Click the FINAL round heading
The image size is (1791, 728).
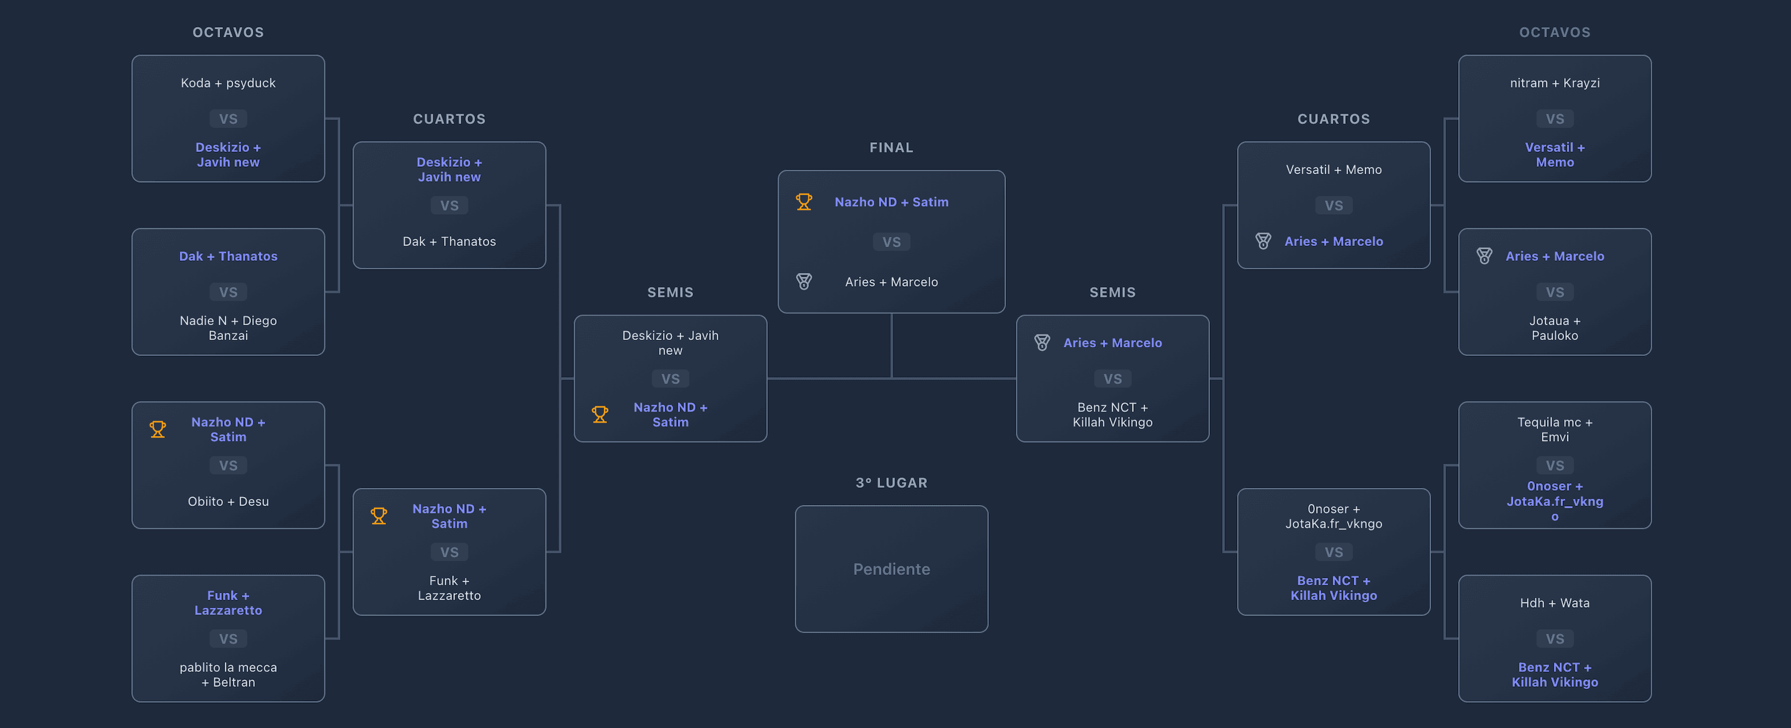(891, 147)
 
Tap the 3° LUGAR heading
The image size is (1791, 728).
(891, 483)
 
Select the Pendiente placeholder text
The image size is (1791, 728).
(891, 569)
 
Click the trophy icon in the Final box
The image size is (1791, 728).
(804, 202)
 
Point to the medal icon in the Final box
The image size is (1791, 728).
(804, 281)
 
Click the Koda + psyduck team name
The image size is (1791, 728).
(228, 83)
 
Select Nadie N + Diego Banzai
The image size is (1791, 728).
(228, 327)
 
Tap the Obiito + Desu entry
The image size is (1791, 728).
(228, 502)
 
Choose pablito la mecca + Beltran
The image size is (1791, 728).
(228, 675)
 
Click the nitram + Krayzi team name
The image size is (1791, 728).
(1554, 83)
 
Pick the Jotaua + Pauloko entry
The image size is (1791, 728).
(1554, 327)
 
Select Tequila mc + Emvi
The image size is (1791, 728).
(1554, 429)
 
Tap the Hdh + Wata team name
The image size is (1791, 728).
(1554, 603)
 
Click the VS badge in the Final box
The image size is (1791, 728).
(891, 242)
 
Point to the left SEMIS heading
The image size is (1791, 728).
(670, 292)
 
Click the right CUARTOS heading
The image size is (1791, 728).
(1334, 119)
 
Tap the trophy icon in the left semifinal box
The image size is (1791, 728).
(599, 414)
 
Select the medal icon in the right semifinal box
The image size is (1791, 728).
(1042, 343)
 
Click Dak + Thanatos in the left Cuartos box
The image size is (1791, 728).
(449, 241)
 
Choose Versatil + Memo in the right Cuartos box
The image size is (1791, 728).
(1334, 170)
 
